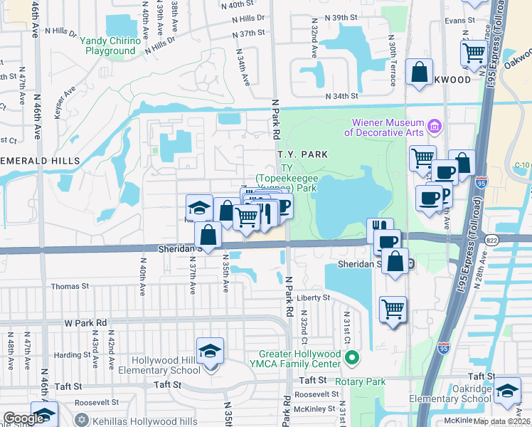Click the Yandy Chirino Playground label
(x=110, y=46)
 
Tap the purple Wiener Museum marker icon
(x=435, y=128)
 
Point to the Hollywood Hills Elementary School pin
(x=210, y=352)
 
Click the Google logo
(x=23, y=418)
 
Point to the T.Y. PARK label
(x=302, y=154)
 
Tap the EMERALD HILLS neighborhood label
(x=40, y=161)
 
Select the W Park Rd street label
(x=85, y=322)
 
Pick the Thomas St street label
(x=69, y=286)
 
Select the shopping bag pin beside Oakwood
(x=420, y=72)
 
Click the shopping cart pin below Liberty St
(x=393, y=309)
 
